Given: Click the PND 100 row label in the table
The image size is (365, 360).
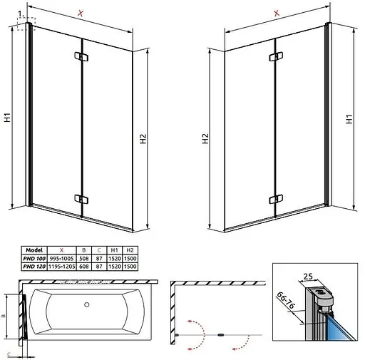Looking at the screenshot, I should tap(35, 257).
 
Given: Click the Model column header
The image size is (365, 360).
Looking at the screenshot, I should tap(34, 250).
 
